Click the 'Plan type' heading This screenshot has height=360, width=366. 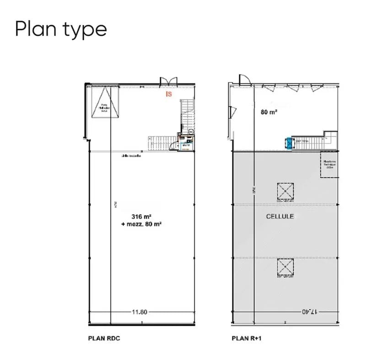pyautogui.click(x=61, y=29)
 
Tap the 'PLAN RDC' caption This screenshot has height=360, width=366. pyautogui.click(x=103, y=339)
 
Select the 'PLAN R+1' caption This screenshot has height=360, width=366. pyautogui.click(x=246, y=339)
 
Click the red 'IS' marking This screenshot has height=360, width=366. pyautogui.click(x=169, y=94)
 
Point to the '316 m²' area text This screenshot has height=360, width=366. pyautogui.click(x=141, y=216)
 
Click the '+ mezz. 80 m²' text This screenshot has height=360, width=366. pyautogui.click(x=141, y=224)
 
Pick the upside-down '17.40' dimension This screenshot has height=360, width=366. pyautogui.click(x=309, y=312)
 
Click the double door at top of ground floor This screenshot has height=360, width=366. pyautogui.click(x=168, y=81)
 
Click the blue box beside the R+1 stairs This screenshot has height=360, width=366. pyautogui.click(x=289, y=143)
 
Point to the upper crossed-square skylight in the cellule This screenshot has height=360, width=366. pyautogui.click(x=285, y=191)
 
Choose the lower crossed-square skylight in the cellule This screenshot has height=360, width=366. pyautogui.click(x=285, y=267)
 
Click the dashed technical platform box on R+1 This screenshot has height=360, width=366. pyautogui.click(x=329, y=165)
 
